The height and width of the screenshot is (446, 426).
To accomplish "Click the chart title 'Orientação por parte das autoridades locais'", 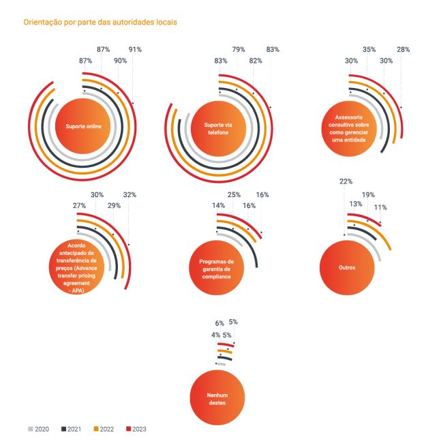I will (x=100, y=22).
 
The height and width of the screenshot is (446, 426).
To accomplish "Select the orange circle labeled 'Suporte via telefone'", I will (x=218, y=128).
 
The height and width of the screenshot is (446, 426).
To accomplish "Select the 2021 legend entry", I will (x=72, y=429).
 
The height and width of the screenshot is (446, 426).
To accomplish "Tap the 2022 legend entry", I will (x=104, y=429).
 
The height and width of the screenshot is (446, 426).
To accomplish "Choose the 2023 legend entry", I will (x=136, y=429).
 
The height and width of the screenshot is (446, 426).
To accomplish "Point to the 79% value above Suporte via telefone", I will (x=239, y=49).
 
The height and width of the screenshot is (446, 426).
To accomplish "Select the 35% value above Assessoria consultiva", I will (x=369, y=49).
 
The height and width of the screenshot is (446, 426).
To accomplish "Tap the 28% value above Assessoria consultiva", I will (x=403, y=49).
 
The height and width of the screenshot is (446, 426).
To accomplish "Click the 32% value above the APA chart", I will (x=130, y=194).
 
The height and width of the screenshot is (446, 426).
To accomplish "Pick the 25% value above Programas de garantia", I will (x=234, y=194).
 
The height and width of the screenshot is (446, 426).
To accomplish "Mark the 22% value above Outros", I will (x=346, y=181).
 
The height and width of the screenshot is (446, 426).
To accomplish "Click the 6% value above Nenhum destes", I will (x=219, y=323).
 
